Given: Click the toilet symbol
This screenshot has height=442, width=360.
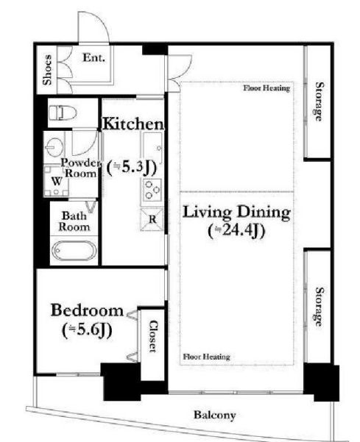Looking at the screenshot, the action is tap(63, 113).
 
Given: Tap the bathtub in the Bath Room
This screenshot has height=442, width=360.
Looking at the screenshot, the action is tap(74, 251).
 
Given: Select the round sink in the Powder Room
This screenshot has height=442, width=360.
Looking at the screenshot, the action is tap(54, 147).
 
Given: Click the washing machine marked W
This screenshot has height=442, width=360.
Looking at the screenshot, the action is tap(57, 181).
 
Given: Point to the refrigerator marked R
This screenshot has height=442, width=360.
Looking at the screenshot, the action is tap(152, 219).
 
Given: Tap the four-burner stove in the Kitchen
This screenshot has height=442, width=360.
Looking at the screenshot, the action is tap(152, 190).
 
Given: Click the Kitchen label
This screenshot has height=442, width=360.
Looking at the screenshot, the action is tap(133, 124).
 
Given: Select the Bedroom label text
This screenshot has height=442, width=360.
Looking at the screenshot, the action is tap(87, 310).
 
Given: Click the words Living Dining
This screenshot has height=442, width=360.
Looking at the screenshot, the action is tap(237, 212).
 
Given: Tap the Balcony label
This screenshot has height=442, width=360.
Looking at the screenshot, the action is tap(215, 415).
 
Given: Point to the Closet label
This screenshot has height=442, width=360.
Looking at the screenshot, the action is tap(153, 336).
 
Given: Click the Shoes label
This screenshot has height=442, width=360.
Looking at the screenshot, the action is tap(47, 70).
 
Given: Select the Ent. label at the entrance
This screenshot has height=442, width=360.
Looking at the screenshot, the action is tap(93, 58).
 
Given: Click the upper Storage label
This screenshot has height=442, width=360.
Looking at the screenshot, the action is tap(319, 101).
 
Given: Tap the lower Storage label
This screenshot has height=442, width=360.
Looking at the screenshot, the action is tap(319, 307).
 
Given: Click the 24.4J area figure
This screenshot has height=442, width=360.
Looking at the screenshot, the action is tap(237, 231).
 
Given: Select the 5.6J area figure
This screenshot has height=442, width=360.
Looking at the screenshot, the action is tap(87, 330).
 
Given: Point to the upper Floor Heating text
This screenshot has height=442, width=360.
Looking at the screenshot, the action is tap(267, 88).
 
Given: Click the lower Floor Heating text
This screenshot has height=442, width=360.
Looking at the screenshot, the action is tap(207, 357).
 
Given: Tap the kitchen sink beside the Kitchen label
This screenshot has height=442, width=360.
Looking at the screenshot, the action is tap(152, 148).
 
